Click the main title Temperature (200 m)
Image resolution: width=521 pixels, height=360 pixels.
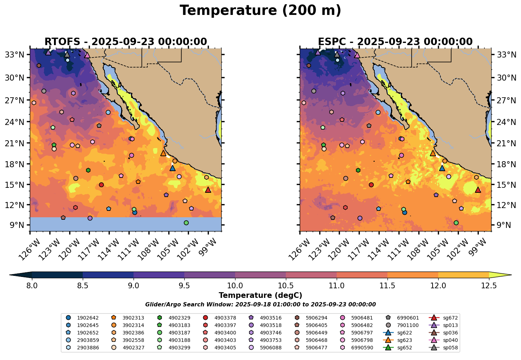point(260,11)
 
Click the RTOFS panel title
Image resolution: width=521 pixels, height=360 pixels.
point(125,42)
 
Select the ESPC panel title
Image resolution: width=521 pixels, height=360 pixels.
point(395,42)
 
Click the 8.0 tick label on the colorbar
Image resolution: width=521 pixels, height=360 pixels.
point(32,285)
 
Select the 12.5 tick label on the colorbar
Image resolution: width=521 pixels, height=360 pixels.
point(489,285)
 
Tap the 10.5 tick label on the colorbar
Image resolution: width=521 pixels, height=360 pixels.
point(286,285)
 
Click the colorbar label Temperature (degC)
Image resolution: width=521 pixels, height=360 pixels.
point(260,295)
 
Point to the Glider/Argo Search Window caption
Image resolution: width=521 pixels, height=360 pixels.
point(260,305)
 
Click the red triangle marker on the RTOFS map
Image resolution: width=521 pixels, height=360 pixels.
point(208,190)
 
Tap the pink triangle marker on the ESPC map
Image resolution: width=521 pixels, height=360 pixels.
point(357,55)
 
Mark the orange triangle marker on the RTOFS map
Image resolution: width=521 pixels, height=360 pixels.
point(163,153)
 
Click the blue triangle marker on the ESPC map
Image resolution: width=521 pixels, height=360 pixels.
point(442,168)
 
